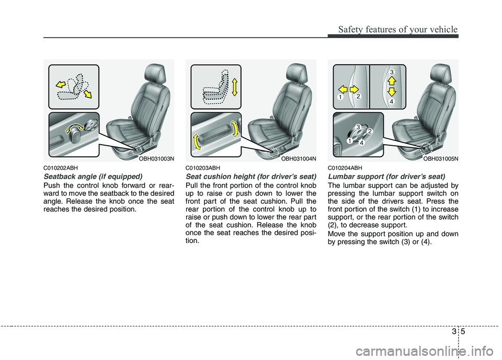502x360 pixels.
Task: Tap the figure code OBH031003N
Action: pyautogui.click(x=155, y=157)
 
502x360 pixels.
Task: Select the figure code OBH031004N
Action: pyautogui.click(x=298, y=157)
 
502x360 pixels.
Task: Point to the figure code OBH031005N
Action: pyautogui.click(x=440, y=157)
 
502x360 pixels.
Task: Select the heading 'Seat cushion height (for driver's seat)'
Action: pyautogui.click(x=250, y=177)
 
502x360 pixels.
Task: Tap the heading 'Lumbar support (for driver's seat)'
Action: pyautogui.click(x=386, y=177)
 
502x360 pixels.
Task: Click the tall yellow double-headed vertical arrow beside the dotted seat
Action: pyautogui.click(x=235, y=86)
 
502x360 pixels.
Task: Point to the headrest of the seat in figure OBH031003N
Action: pyautogui.click(x=155, y=74)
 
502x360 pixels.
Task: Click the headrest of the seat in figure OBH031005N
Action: pyautogui.click(x=440, y=74)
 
